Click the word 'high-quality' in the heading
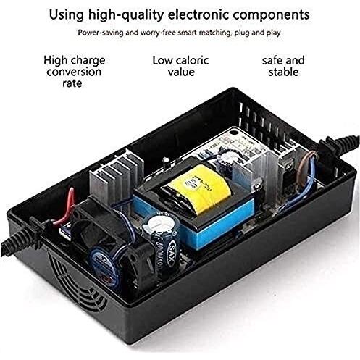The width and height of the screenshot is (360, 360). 126,15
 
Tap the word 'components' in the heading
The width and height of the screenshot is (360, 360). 271,15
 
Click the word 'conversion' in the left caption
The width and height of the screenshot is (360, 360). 74,72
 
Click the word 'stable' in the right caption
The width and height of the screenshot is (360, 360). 283,72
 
